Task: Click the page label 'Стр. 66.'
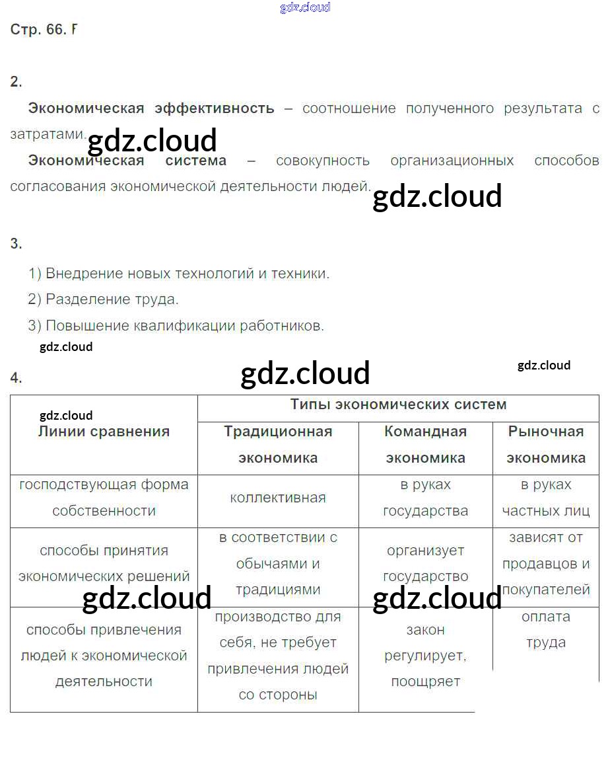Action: click(38, 30)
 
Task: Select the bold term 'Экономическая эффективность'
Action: click(151, 108)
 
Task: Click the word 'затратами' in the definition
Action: click(46, 134)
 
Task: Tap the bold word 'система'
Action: click(195, 161)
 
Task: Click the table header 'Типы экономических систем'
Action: click(398, 405)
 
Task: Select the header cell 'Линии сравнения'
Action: click(104, 432)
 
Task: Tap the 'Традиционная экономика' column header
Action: click(278, 444)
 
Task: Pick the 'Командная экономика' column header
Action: click(425, 444)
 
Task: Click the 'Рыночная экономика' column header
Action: click(545, 444)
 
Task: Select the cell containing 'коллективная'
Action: click(278, 498)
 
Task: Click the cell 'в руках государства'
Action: click(425, 498)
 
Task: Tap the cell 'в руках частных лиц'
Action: click(545, 498)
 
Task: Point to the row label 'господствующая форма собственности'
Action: click(104, 498)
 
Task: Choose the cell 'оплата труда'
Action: click(545, 629)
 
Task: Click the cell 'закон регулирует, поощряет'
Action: click(425, 656)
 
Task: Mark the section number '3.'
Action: click(16, 244)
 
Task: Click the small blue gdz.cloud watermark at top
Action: click(305, 8)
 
